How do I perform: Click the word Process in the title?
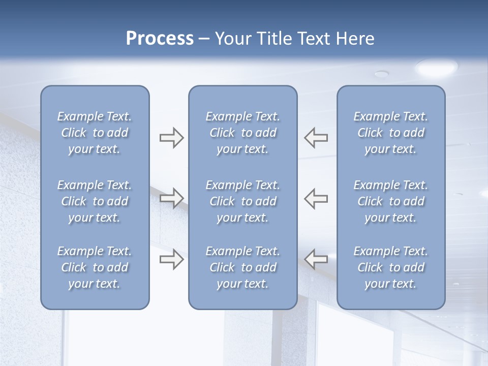[160, 39]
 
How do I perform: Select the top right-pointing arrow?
[171, 138]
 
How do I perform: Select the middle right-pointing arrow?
[171, 198]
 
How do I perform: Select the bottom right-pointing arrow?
[171, 259]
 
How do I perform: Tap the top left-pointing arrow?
[316, 138]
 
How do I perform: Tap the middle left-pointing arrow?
[316, 198]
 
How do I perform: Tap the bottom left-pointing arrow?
[316, 259]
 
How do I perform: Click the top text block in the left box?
[95, 133]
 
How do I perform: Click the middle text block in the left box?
[95, 201]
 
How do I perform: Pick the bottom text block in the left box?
[95, 267]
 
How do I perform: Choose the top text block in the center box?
[242, 133]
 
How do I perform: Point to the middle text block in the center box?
[242, 201]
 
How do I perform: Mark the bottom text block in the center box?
[242, 267]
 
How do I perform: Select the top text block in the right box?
[390, 133]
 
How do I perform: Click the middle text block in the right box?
[390, 201]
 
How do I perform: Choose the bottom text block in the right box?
[390, 267]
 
